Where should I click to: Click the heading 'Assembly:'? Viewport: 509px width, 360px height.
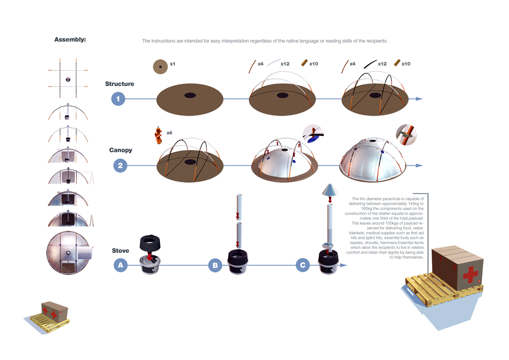[70, 40]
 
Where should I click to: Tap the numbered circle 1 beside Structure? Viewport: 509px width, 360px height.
[118, 99]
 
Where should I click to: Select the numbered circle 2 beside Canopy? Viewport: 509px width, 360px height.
[120, 165]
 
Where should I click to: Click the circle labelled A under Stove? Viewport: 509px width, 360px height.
[121, 265]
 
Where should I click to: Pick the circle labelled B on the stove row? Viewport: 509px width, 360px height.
[215, 265]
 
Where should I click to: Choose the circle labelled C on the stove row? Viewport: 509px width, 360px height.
[302, 265]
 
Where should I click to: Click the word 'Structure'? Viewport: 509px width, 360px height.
[120, 84]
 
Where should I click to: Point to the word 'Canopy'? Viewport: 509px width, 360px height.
[121, 150]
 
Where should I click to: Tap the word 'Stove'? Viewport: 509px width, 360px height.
[121, 251]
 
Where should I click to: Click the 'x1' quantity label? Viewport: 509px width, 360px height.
[173, 64]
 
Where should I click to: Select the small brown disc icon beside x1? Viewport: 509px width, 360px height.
[160, 67]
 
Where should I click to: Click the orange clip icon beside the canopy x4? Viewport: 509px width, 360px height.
[158, 135]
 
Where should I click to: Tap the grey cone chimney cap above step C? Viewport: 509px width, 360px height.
[330, 189]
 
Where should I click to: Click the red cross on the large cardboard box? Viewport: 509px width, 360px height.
[470, 274]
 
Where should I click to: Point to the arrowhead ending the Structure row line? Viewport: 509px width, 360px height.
[419, 99]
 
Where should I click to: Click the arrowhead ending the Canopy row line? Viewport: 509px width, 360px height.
[419, 165]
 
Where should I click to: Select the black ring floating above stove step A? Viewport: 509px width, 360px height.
[150, 243]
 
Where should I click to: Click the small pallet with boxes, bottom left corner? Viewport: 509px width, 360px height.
[49, 316]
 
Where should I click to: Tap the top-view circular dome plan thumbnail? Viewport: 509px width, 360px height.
[68, 253]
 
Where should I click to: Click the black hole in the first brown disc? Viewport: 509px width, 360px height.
[190, 95]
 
